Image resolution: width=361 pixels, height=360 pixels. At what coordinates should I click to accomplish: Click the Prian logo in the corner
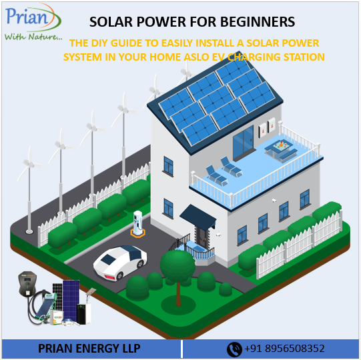tap(33, 22)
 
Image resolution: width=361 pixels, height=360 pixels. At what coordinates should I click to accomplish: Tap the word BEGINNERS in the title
tap(258, 22)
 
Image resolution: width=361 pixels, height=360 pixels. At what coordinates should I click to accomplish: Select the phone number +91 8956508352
tap(284, 349)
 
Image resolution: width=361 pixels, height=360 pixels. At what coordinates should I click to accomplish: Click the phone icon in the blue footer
tap(234, 349)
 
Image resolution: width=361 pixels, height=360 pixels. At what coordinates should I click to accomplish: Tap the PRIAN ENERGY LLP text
tap(89, 349)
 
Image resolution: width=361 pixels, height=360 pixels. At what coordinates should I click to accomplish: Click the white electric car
tap(120, 262)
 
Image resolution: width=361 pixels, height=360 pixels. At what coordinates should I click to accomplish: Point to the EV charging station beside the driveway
tap(137, 223)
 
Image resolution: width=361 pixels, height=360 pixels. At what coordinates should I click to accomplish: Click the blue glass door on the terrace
tap(243, 143)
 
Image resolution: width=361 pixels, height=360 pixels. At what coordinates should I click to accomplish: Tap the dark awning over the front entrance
tap(198, 217)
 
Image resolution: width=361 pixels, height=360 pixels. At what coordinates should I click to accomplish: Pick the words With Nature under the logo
tap(33, 37)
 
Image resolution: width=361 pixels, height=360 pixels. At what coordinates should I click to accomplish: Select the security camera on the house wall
tap(274, 200)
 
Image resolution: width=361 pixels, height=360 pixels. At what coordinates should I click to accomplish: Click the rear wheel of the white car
tap(120, 275)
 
